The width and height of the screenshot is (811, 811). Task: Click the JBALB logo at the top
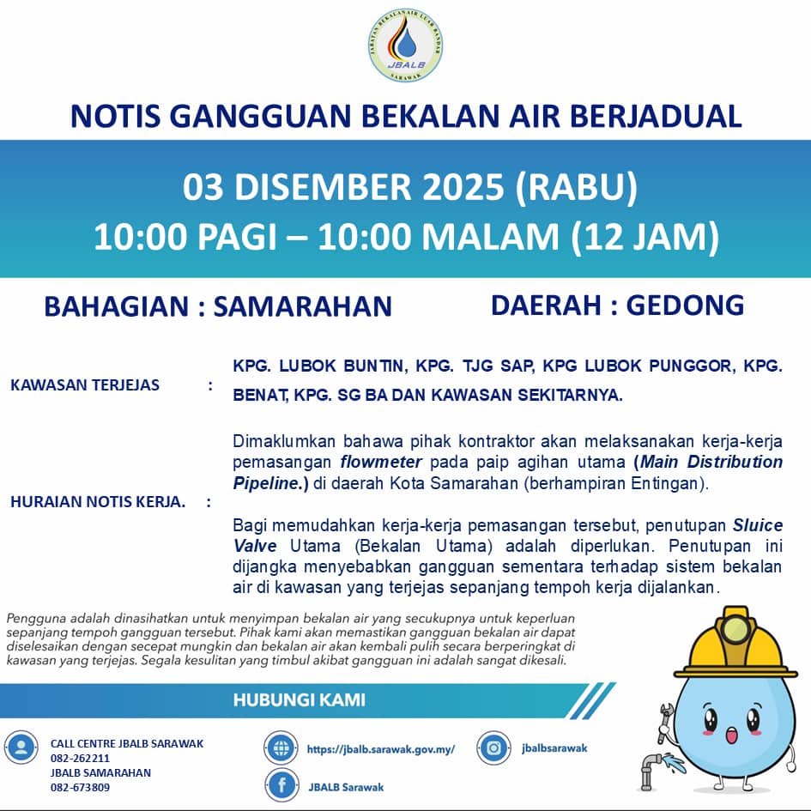click(404, 46)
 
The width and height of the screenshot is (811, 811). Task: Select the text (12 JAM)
click(644, 238)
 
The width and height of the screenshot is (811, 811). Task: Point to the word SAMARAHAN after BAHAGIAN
click(302, 306)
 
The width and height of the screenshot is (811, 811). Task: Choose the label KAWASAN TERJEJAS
click(85, 385)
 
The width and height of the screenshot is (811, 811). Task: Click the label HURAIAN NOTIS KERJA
click(98, 502)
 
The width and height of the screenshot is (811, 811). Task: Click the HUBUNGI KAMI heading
click(299, 699)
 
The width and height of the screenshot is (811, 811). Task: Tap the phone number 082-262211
click(80, 759)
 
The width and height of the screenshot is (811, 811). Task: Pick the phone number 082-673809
click(80, 787)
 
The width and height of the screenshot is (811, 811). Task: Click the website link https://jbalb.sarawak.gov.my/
click(380, 749)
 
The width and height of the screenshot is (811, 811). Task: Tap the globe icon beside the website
click(281, 748)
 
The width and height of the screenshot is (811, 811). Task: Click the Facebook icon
click(281, 786)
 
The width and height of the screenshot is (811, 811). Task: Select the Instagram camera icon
click(493, 747)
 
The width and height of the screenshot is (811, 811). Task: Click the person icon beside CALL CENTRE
click(21, 747)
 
